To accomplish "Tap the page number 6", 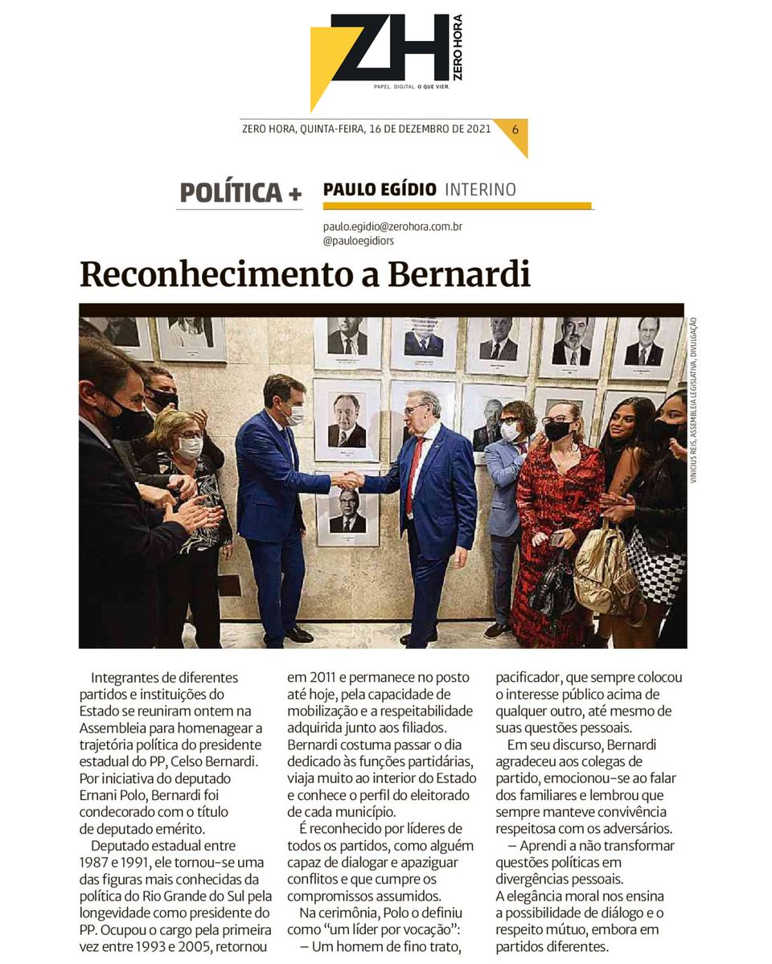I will pos(515,129).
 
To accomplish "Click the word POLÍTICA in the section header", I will pos(231,193).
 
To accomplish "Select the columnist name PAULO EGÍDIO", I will pos(380,190).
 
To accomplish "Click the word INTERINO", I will pos(480,190).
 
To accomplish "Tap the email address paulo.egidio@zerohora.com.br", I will pos(392,227).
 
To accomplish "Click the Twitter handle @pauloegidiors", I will pos(358,240).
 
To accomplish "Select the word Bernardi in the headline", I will pos(459,274).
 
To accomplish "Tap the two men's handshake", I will pos(347,479).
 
